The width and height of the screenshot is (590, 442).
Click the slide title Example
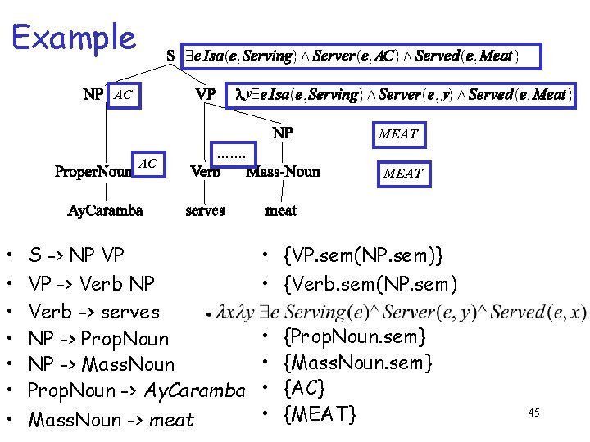(x=74, y=38)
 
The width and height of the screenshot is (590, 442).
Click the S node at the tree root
(x=170, y=56)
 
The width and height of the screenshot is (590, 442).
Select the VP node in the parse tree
(x=206, y=95)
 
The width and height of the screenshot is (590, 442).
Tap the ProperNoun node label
(x=93, y=172)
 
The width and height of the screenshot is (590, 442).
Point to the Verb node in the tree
(x=205, y=172)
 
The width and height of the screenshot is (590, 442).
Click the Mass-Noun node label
(x=283, y=172)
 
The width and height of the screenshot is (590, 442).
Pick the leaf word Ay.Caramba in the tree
(x=105, y=211)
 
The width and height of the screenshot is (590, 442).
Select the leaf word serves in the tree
(x=205, y=211)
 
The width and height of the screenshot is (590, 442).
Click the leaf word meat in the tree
(x=281, y=211)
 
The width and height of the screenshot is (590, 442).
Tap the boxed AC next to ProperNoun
(x=147, y=164)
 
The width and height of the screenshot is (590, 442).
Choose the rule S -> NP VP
(x=76, y=256)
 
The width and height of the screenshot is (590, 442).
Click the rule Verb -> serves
(x=93, y=312)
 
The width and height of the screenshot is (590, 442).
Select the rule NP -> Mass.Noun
(x=101, y=364)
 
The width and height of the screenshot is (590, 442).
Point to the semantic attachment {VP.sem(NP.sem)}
(x=363, y=256)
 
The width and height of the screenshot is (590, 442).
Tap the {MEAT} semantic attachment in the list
(x=319, y=415)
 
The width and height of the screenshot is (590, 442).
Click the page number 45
(x=533, y=413)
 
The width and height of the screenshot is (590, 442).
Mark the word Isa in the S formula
(x=213, y=56)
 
